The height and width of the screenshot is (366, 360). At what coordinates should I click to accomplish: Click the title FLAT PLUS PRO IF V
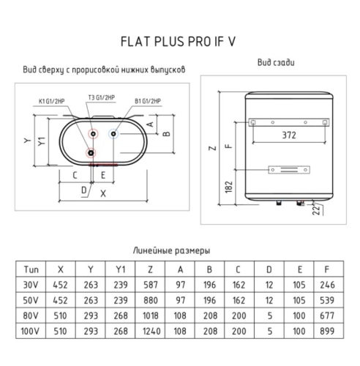pyautogui.click(x=178, y=42)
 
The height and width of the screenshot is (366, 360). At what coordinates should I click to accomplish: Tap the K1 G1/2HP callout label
pyautogui.click(x=52, y=101)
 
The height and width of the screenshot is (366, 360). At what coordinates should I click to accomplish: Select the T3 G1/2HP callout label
pyautogui.click(x=102, y=97)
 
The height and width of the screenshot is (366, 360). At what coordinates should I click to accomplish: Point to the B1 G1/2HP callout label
pyautogui.click(x=148, y=101)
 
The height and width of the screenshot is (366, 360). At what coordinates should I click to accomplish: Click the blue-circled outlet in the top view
pyautogui.click(x=113, y=134)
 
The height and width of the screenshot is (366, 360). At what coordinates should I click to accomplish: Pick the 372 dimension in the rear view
pyautogui.click(x=289, y=135)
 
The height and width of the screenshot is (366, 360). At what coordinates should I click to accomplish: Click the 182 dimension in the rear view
pyautogui.click(x=229, y=187)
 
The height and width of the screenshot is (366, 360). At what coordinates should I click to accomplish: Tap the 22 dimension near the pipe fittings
pyautogui.click(x=316, y=210)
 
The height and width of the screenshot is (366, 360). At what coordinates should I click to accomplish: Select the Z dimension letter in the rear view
pyautogui.click(x=213, y=148)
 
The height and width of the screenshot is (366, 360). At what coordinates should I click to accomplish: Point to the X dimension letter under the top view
pyautogui.click(x=103, y=194)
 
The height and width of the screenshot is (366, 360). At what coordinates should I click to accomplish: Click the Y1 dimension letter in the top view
pyautogui.click(x=42, y=141)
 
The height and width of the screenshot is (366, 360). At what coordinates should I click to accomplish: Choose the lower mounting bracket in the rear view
pyautogui.click(x=289, y=170)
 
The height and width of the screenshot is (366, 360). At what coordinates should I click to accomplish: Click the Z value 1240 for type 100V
pyautogui.click(x=151, y=331)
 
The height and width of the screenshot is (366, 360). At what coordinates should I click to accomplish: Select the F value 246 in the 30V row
pyautogui.click(x=327, y=285)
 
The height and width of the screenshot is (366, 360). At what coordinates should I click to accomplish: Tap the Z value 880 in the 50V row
pyautogui.click(x=151, y=300)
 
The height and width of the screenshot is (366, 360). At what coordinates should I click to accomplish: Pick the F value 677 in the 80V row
pyautogui.click(x=327, y=315)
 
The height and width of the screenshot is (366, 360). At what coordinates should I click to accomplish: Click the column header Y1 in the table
pyautogui.click(x=121, y=269)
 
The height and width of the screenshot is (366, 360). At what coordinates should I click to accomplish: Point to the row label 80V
pyautogui.click(x=31, y=315)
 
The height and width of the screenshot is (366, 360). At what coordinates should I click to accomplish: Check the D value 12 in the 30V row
pyautogui.click(x=269, y=285)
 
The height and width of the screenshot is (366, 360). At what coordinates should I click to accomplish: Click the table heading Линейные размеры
pyautogui.click(x=171, y=250)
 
